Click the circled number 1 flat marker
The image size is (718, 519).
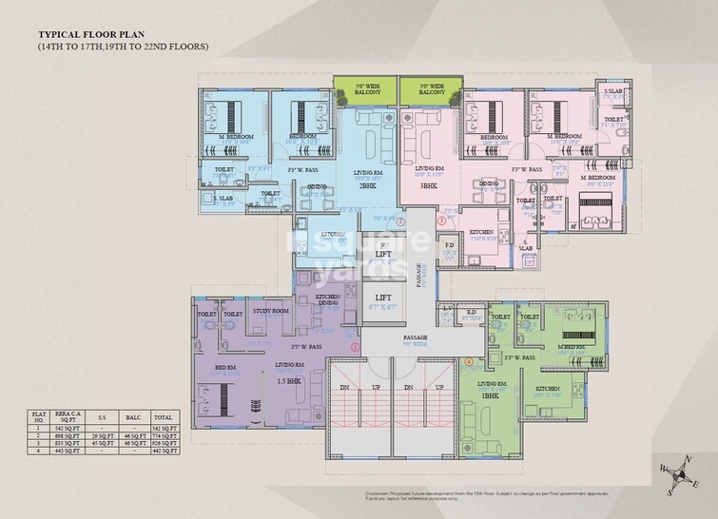(x=355, y=348)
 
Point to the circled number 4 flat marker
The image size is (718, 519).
(x=468, y=361)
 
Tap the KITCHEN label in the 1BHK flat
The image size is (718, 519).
(x=547, y=390)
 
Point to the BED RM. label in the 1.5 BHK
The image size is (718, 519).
(x=225, y=366)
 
